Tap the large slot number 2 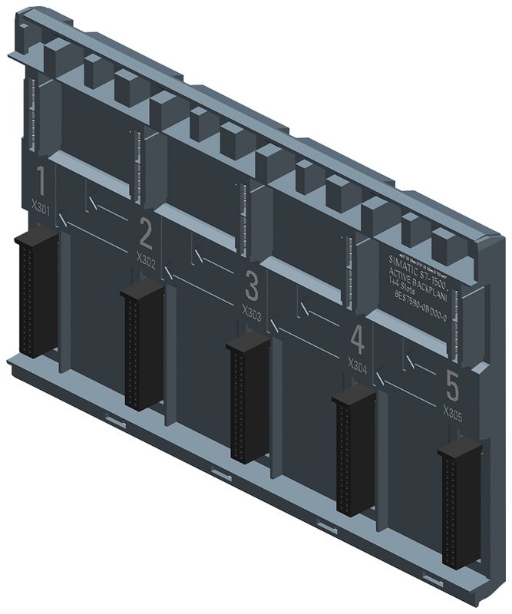pyautogui.click(x=145, y=233)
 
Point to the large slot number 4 pyautogui.click(x=357, y=338)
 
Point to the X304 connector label pyautogui.click(x=358, y=365)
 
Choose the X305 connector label pyautogui.click(x=453, y=411)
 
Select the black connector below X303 pyautogui.click(x=248, y=398)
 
